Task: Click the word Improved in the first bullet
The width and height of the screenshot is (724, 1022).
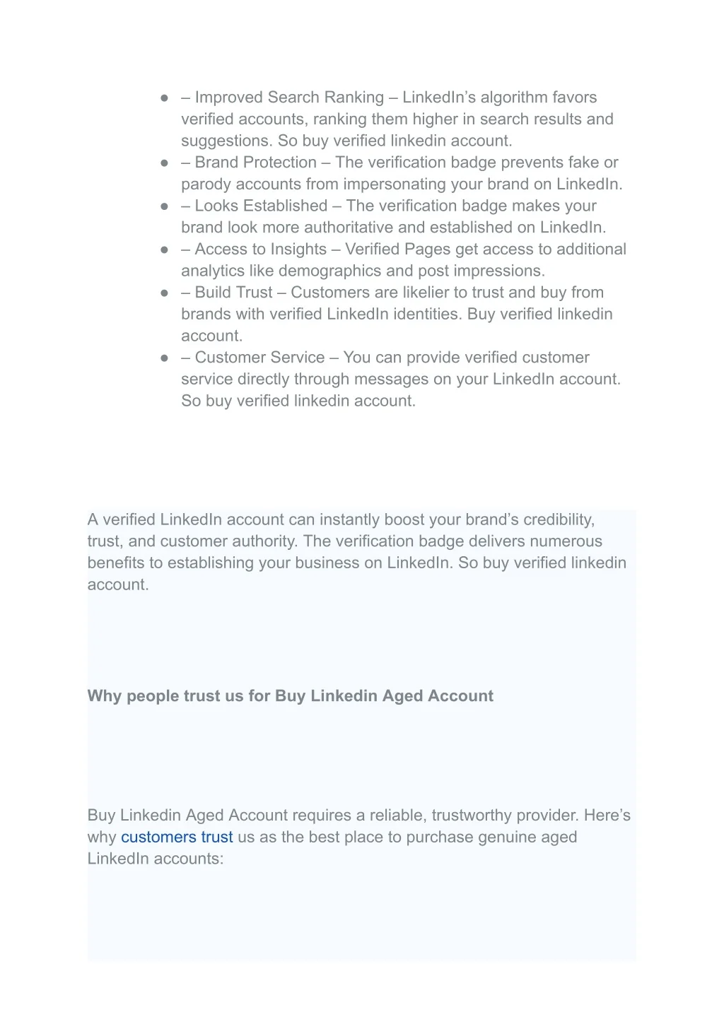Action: point(228,98)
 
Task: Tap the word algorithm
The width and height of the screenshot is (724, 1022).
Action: point(514,98)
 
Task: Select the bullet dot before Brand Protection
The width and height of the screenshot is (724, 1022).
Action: point(164,163)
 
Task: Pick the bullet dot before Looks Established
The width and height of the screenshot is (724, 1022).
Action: point(164,206)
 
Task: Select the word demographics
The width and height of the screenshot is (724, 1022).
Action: point(329,271)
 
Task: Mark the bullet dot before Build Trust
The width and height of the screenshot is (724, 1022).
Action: point(164,293)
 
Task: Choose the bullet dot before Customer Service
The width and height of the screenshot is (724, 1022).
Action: point(164,358)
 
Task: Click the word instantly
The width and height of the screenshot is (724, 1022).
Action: point(349,520)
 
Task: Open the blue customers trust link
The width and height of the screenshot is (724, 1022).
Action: point(177,838)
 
